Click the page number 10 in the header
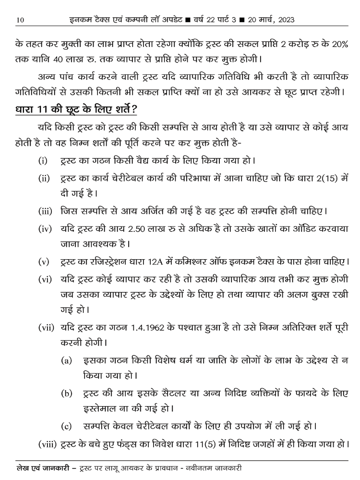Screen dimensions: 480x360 point(20,20)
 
